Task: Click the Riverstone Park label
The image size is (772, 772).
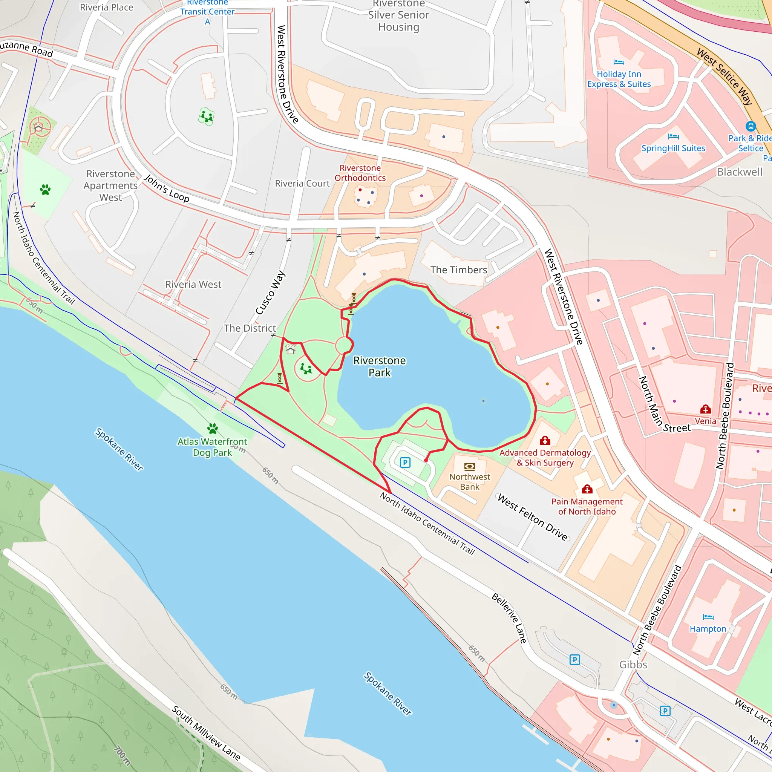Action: point(379,366)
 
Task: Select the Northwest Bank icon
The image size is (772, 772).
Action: point(470,466)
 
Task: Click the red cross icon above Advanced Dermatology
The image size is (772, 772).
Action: point(545,441)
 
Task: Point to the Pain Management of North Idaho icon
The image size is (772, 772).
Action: point(587,489)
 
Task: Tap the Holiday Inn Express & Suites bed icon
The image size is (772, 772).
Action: point(619,62)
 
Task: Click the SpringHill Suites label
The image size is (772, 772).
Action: point(673,148)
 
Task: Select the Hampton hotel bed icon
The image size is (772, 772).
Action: point(708,617)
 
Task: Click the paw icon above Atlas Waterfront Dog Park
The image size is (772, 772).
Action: point(213,429)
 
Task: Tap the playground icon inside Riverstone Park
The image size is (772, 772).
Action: point(306,368)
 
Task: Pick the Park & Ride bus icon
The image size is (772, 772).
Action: point(751,126)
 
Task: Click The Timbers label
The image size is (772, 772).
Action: point(459,270)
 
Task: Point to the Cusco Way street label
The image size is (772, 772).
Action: point(270,293)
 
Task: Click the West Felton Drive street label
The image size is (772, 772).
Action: point(532,518)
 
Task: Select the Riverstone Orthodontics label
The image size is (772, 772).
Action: point(360,173)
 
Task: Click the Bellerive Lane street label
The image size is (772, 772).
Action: point(509,618)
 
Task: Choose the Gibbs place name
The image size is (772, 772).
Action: point(633,665)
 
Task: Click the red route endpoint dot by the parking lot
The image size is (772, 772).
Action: point(426,460)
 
